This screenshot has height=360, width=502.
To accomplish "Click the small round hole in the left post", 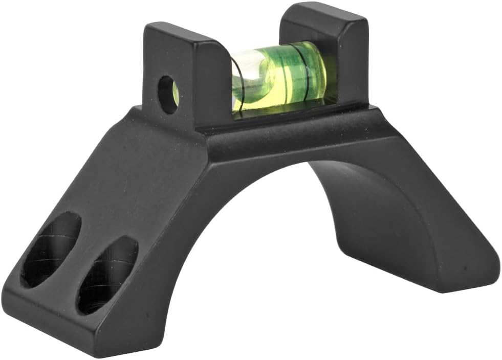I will [x=167, y=95].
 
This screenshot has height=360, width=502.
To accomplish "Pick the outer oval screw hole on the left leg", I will [x=50, y=249].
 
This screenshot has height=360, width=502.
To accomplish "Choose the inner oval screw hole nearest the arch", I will [x=107, y=274].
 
